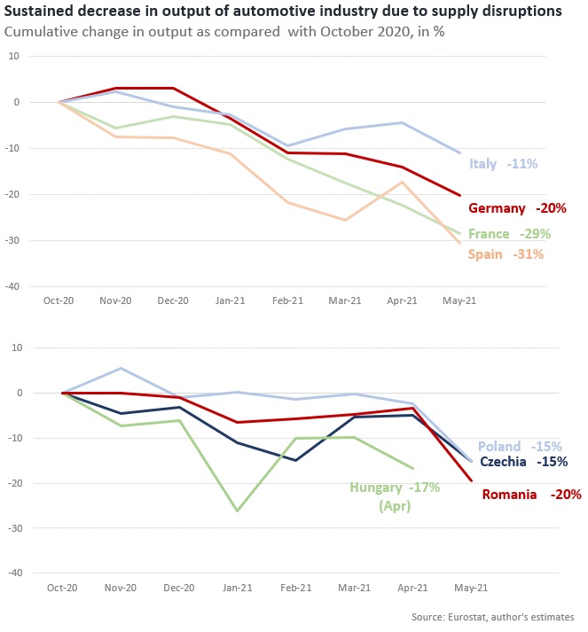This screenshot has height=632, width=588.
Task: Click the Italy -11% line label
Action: pyautogui.click(x=503, y=164)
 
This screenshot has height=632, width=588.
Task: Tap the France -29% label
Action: pyautogui.click(x=509, y=234)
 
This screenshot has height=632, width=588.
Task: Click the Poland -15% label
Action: pyautogui.click(x=521, y=446)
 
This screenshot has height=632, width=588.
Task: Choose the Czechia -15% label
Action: pyautogui.click(x=523, y=462)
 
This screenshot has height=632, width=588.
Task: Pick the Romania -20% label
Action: pyautogui.click(x=531, y=495)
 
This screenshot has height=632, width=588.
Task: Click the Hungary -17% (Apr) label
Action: pyautogui.click(x=394, y=495)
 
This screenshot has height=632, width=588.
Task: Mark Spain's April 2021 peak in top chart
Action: pyautogui.click(x=403, y=183)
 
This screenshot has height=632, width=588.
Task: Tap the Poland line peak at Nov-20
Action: pyautogui.click(x=121, y=368)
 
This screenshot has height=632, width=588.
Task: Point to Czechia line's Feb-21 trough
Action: pyautogui.click(x=296, y=460)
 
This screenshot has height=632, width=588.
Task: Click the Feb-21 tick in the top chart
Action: pyautogui.click(x=287, y=300)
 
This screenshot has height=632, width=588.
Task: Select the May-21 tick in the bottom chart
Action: pyautogui.click(x=471, y=588)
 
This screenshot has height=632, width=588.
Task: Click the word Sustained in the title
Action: pyautogui.click(x=42, y=12)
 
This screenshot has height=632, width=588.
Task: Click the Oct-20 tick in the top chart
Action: pyautogui.click(x=59, y=300)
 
